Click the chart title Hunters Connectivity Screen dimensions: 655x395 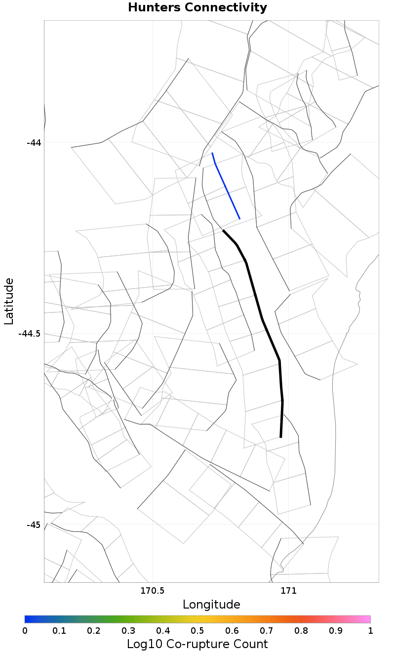pyautogui.click(x=197, y=8)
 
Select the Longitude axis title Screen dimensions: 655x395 pyautogui.click(x=211, y=605)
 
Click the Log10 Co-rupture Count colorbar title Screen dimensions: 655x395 pyautogui.click(x=197, y=644)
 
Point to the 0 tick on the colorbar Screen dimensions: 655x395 pyautogui.click(x=25, y=630)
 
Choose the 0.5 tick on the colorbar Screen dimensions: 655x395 pyautogui.click(x=197, y=630)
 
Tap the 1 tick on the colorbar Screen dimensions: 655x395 pyautogui.click(x=370, y=630)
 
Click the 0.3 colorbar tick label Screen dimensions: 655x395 pyautogui.click(x=128, y=630)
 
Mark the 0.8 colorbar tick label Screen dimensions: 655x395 pyautogui.click(x=301, y=630)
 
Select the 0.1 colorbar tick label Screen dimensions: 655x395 pyautogui.click(x=59, y=630)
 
